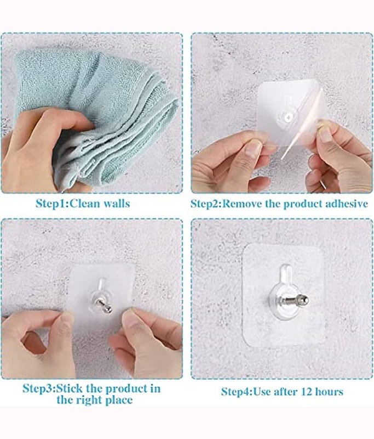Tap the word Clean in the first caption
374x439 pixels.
(85, 203)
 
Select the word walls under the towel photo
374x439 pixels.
(117, 203)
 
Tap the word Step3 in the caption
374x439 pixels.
(37, 389)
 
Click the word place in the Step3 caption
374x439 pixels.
(118, 400)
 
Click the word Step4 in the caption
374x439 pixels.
(237, 391)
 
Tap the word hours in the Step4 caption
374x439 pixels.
(329, 391)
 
